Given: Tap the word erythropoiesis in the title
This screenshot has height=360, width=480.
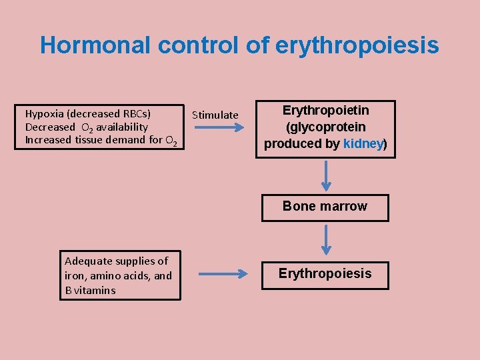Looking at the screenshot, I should (x=357, y=46).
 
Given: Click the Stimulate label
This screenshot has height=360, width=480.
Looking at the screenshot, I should (x=215, y=115).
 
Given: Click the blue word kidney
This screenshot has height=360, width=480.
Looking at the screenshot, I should (x=363, y=143).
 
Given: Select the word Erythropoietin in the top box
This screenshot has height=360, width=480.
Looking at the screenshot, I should (x=325, y=110).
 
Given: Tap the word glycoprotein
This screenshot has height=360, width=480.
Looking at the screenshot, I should (x=325, y=127).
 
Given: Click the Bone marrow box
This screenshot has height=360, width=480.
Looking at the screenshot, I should (x=325, y=207).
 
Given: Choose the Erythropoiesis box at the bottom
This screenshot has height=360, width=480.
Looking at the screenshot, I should (x=325, y=274).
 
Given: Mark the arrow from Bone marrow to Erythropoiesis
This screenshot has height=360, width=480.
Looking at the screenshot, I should (x=325, y=240).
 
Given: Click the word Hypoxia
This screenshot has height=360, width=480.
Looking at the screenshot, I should (x=44, y=113).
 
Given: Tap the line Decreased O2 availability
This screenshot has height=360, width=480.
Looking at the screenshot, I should (x=87, y=127).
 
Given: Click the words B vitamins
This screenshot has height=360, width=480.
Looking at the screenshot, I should (x=90, y=290).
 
